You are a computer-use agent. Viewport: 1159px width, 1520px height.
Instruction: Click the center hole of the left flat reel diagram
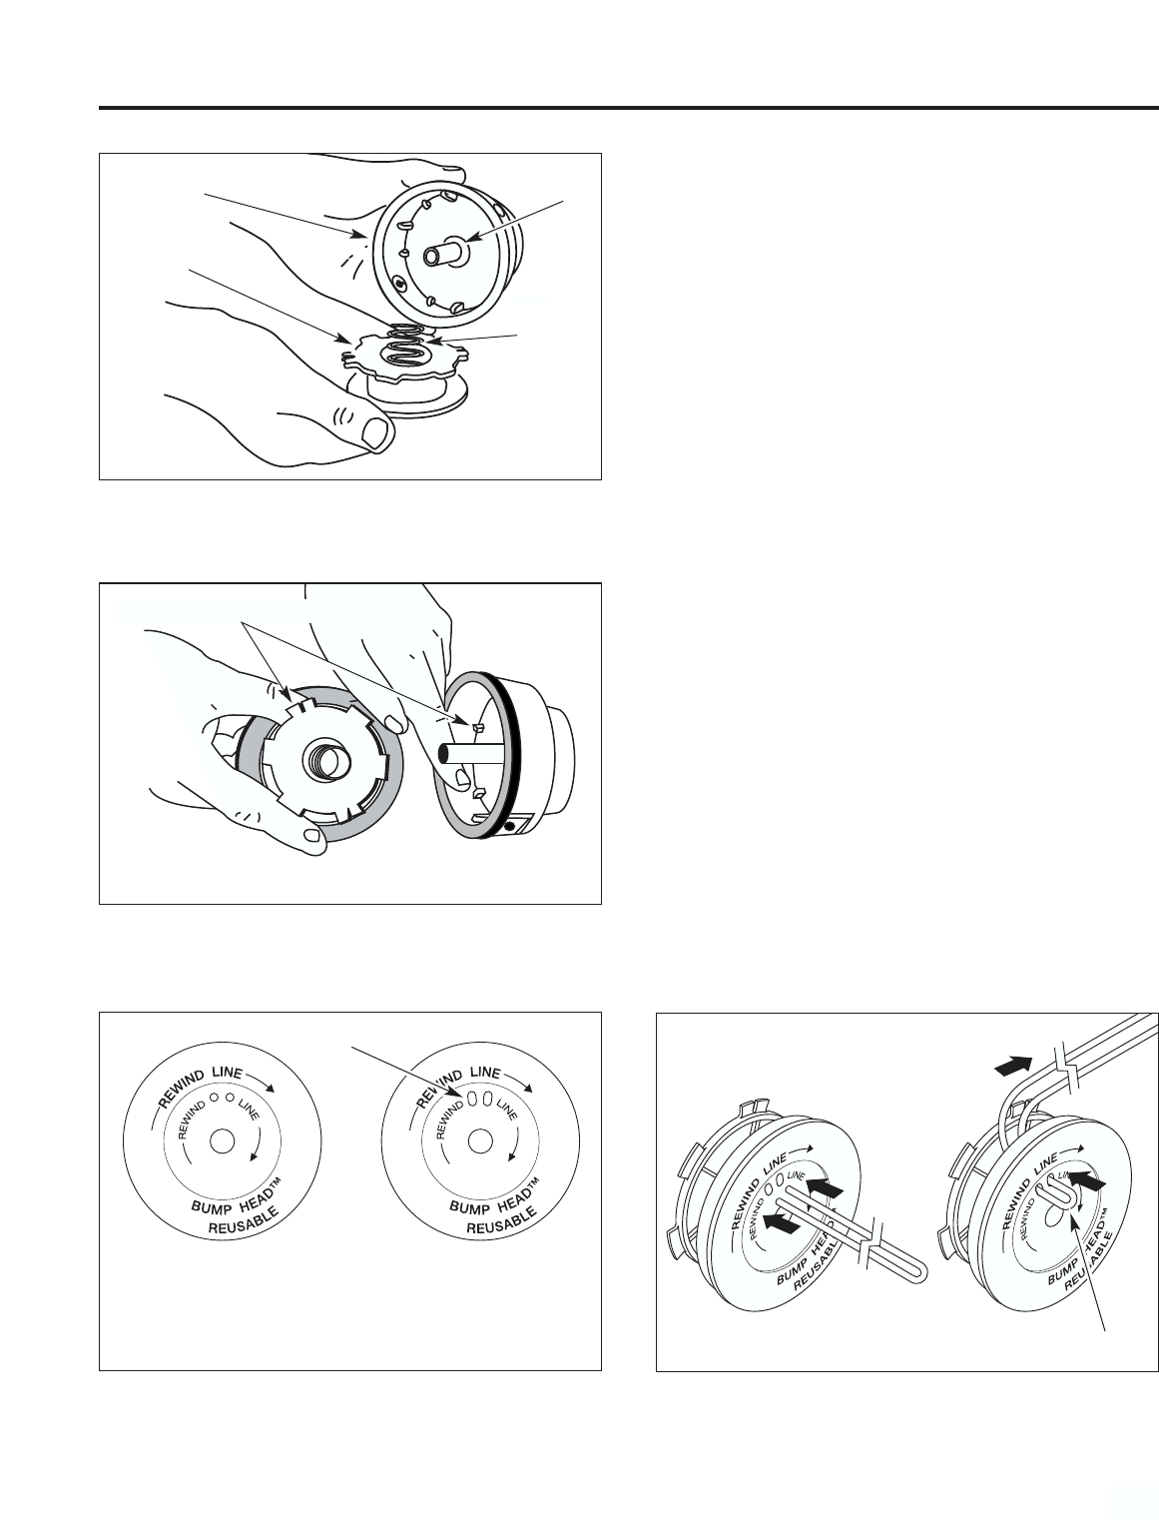pyautogui.click(x=222, y=1141)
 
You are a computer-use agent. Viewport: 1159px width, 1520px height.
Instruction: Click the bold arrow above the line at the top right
pyautogui.click(x=1013, y=1066)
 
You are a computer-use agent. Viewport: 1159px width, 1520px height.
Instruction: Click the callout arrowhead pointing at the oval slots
pyautogui.click(x=455, y=1094)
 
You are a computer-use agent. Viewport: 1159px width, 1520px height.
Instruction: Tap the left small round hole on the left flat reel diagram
pyautogui.click(x=214, y=1098)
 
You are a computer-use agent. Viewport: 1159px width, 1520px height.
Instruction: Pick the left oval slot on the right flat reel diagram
pyautogui.click(x=474, y=1099)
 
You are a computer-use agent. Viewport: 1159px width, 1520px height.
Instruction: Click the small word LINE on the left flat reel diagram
pyautogui.click(x=249, y=1110)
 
